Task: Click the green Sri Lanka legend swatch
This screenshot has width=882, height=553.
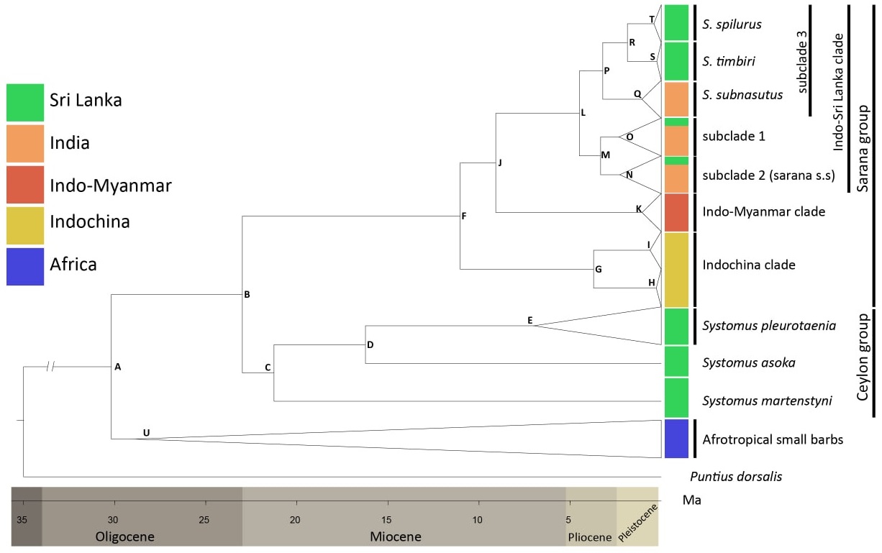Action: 25,102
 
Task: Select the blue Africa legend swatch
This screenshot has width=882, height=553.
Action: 25,266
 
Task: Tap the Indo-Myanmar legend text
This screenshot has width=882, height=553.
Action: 110,186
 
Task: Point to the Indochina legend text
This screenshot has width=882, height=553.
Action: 89,221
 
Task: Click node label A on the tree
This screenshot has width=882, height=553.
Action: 117,367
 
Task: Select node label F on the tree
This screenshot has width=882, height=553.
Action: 464,216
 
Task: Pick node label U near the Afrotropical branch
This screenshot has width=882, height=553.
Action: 146,432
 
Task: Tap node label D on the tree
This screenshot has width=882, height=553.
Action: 370,344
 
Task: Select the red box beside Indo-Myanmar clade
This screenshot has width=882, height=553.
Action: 676,212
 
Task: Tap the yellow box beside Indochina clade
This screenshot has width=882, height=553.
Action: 676,269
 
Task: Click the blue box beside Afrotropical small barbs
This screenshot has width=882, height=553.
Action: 676,439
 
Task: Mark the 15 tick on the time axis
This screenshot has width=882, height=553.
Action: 386,519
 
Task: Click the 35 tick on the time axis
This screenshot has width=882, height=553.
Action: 22,519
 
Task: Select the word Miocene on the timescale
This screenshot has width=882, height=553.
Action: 395,536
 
